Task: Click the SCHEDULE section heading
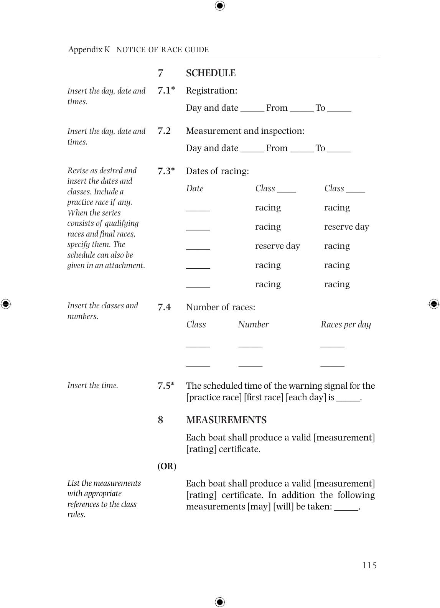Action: tap(211, 73)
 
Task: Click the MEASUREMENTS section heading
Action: tap(226, 420)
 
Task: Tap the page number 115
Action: tap(369, 565)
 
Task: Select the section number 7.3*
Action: tap(166, 171)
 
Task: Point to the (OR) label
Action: tap(167, 467)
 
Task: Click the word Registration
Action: tap(211, 91)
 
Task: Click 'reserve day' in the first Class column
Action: tap(277, 246)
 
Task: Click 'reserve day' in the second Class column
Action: tap(346, 227)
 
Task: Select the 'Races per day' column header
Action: tap(346, 325)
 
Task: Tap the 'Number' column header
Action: tap(253, 325)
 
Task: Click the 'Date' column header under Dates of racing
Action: tap(195, 189)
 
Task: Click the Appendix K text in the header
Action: tap(89, 49)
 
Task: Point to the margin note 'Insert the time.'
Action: tap(93, 386)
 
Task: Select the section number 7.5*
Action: tap(166, 386)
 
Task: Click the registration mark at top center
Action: tap(220, 6)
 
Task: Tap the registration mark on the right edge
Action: tap(433, 304)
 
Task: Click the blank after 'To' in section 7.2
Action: tap(339, 150)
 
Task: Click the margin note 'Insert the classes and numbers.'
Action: tap(102, 311)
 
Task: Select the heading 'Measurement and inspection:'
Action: tap(245, 131)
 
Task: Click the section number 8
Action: tap(160, 420)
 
